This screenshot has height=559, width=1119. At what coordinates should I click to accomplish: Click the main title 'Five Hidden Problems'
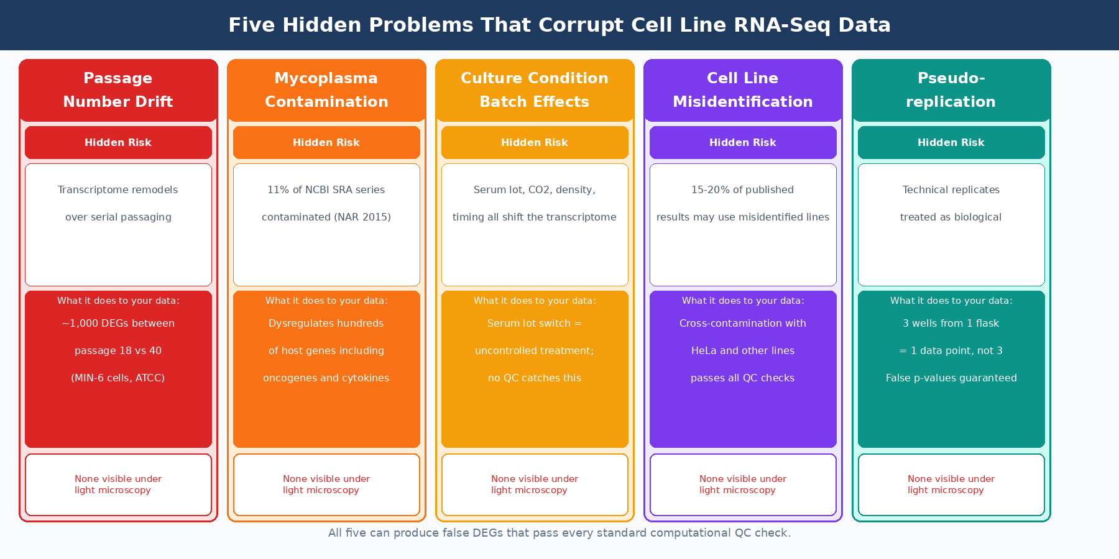click(x=559, y=25)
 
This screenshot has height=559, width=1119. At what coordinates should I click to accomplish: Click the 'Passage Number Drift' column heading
click(x=118, y=90)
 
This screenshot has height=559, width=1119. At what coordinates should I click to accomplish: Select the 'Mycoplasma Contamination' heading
click(x=326, y=90)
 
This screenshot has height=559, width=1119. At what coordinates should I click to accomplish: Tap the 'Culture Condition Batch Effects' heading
click(x=535, y=90)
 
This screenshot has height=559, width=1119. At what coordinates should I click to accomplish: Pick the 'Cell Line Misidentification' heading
click(x=743, y=90)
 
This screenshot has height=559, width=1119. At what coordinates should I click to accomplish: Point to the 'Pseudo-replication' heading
click(x=951, y=90)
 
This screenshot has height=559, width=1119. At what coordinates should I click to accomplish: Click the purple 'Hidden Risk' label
click(x=743, y=142)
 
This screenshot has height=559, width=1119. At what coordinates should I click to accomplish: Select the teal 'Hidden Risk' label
click(x=951, y=142)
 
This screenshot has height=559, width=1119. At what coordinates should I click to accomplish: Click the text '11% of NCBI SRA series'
click(x=326, y=190)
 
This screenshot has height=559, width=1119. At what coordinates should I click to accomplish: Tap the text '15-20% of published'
click(x=743, y=190)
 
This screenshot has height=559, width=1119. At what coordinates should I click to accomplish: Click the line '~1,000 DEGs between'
click(x=118, y=324)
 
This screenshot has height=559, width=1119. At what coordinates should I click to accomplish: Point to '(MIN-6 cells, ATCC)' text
click(x=118, y=378)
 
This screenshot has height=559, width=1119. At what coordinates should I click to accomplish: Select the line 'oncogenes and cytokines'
click(x=326, y=378)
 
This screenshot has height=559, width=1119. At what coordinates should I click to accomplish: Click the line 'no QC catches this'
click(x=535, y=378)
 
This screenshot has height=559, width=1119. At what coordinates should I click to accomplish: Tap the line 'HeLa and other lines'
click(x=743, y=351)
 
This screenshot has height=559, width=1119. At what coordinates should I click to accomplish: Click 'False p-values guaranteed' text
click(x=951, y=378)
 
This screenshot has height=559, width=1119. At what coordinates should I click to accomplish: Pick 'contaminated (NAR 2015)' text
click(x=326, y=217)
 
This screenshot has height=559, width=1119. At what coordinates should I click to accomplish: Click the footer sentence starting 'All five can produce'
click(x=559, y=533)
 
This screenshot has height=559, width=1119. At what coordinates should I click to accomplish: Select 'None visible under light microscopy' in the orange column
click(x=326, y=484)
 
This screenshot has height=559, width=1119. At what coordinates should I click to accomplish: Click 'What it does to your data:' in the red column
click(x=118, y=301)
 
